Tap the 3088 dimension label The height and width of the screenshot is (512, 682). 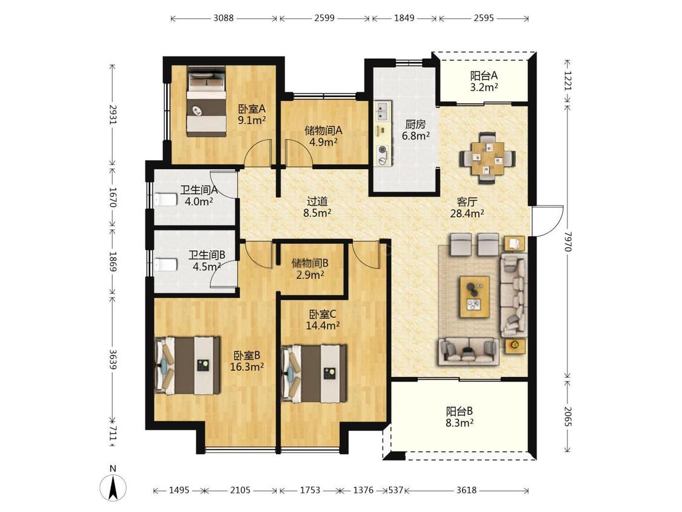point(224,18)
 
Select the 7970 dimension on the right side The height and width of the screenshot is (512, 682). point(568,241)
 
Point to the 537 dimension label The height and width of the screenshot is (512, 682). point(395,490)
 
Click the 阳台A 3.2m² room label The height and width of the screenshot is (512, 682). point(484,81)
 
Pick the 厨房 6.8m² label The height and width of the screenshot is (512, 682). point(415,130)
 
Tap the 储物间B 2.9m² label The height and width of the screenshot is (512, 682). point(310,269)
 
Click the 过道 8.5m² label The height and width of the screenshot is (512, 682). point(317,207)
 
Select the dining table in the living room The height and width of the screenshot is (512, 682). point(487,158)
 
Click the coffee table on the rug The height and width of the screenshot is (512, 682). point(475,297)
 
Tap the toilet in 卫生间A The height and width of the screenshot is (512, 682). point(165,200)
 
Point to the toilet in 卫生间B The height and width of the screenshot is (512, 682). point(165,264)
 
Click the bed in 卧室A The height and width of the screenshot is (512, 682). point(206,101)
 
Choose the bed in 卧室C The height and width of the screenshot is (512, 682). point(313,374)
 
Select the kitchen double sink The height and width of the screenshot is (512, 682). point(383,111)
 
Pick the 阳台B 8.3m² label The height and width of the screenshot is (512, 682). point(460,417)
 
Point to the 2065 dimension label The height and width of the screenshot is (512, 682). point(568,417)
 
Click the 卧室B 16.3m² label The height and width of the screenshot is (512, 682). point(247,362)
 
